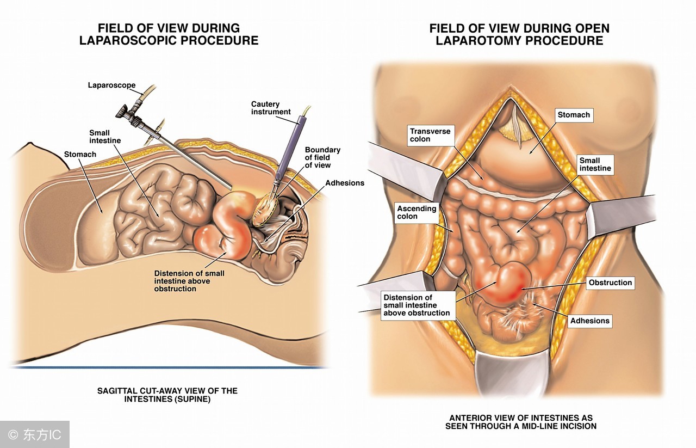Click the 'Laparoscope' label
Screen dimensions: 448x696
(x=111, y=85)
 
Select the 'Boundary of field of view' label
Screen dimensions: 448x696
(x=322, y=157)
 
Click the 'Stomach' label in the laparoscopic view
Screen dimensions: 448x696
(x=80, y=155)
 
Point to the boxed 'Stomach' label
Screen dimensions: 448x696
(x=573, y=115)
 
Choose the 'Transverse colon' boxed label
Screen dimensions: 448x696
(x=430, y=135)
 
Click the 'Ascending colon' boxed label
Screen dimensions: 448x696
(x=417, y=212)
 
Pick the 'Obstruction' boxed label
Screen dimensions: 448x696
(x=610, y=283)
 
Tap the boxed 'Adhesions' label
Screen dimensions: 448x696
(x=589, y=321)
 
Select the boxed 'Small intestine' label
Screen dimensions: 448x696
(x=595, y=164)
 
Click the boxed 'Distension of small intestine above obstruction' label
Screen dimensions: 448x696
(x=417, y=305)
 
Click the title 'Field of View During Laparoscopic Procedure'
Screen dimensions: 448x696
(x=169, y=34)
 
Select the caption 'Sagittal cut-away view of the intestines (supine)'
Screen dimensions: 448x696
(x=167, y=395)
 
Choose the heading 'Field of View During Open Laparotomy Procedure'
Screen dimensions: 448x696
(x=519, y=34)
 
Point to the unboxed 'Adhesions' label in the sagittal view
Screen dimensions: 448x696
(x=345, y=183)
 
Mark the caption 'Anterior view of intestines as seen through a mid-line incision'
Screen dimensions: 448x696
(x=520, y=422)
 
